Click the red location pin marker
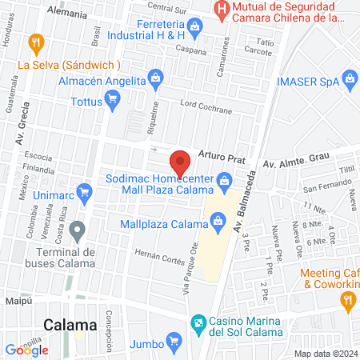click(x=181, y=162)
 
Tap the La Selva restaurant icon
click(x=35, y=42)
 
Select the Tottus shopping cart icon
click(x=113, y=99)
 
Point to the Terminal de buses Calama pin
click(x=78, y=232)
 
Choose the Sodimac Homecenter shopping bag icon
click(x=226, y=189)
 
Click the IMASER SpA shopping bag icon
click(x=349, y=78)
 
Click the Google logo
click(x=23, y=350)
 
